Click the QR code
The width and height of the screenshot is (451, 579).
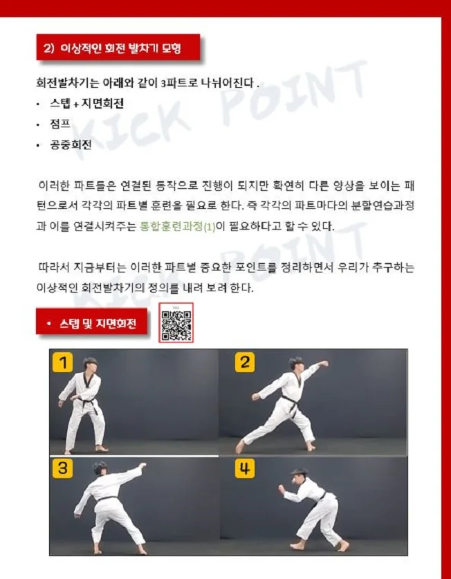coord(176,322)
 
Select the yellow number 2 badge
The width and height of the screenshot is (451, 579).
coord(245,362)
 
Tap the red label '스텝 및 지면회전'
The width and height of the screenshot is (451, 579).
coord(91,323)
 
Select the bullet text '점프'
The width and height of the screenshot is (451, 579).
coord(60,125)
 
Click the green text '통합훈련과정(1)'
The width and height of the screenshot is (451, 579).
coord(178,226)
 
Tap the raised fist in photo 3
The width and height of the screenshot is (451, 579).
coord(143,464)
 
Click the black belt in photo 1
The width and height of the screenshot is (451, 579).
coord(86,401)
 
